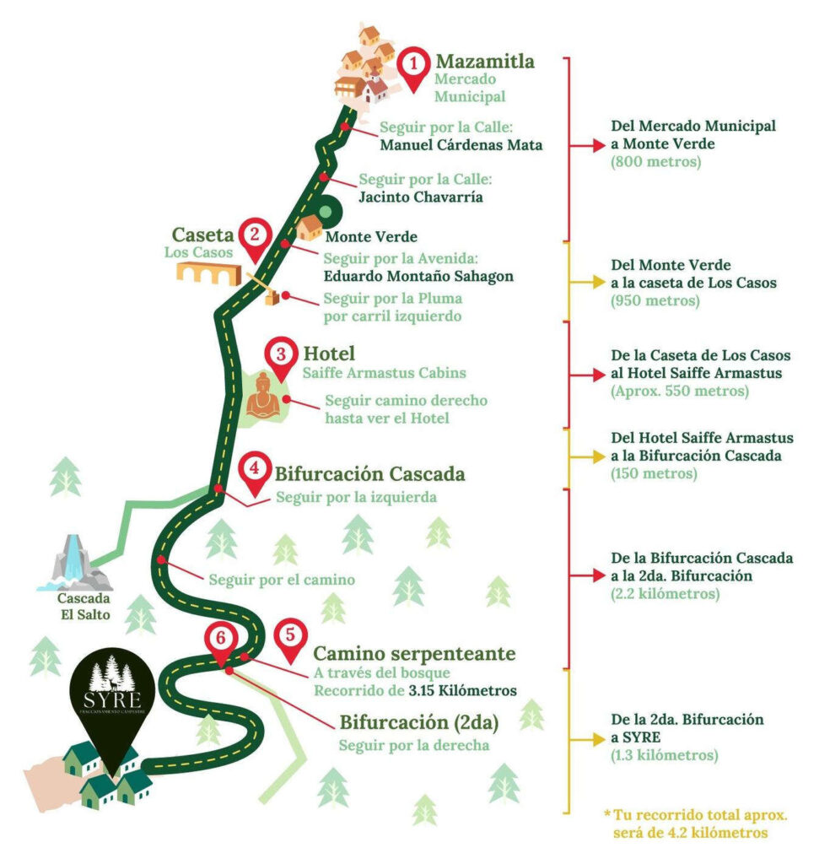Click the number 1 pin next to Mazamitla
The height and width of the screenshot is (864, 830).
click(413, 68)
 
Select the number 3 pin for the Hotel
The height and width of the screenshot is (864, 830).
click(281, 358)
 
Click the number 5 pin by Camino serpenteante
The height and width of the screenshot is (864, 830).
click(290, 640)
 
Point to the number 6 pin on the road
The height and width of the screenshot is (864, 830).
click(221, 643)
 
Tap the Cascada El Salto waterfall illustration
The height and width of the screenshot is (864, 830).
click(75, 563)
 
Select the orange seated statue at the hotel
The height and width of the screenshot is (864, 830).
click(263, 397)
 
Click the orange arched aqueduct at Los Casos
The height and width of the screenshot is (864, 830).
click(209, 273)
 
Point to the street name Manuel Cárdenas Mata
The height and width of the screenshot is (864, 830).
click(461, 145)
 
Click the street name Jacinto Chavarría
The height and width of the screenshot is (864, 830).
click(421, 197)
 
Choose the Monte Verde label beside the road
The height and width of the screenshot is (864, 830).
click(371, 237)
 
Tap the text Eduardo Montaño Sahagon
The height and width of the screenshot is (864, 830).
click(418, 276)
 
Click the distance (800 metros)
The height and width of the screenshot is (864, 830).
click(656, 162)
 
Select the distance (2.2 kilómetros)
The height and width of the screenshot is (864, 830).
click(666, 594)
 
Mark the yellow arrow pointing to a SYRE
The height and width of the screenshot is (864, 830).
click(587, 739)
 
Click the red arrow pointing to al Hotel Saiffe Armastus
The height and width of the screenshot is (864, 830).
click(587, 375)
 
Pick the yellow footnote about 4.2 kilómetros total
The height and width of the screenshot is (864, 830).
click(695, 823)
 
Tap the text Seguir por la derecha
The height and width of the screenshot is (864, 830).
click(414, 746)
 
